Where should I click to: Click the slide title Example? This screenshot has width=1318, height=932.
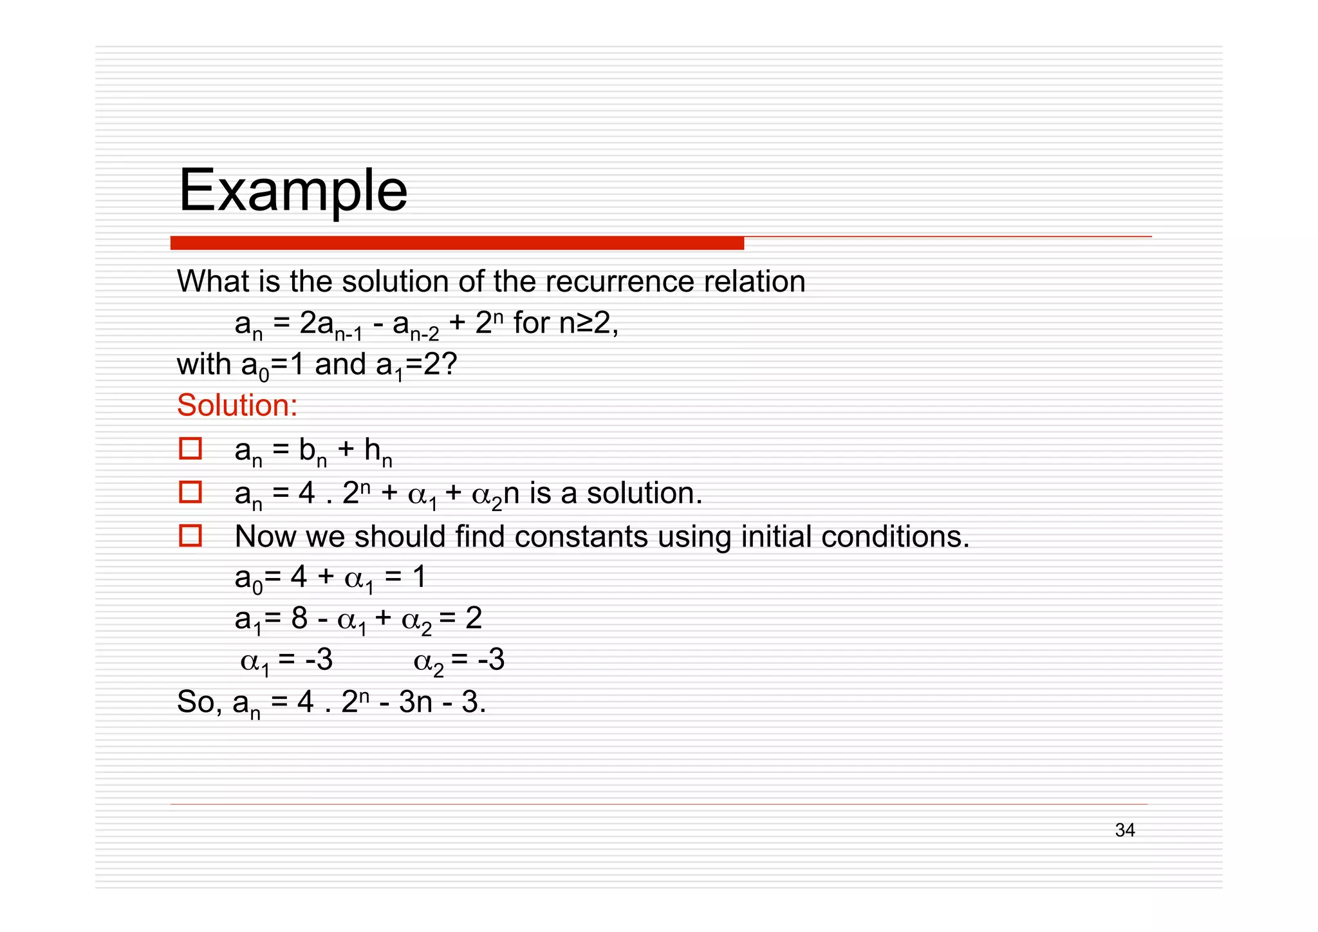(293, 191)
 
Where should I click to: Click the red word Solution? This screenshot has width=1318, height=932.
(237, 405)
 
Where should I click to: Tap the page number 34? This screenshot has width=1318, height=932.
(1124, 830)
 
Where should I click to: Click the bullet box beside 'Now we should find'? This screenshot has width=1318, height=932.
(190, 536)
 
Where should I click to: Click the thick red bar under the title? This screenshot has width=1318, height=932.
(457, 243)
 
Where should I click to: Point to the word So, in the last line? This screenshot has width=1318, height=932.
(199, 702)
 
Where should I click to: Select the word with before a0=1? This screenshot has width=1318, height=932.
(204, 364)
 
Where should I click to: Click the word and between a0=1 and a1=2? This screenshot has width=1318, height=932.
(340, 364)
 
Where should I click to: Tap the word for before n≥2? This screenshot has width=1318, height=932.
(532, 322)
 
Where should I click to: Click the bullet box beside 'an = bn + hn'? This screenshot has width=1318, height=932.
(190, 449)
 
